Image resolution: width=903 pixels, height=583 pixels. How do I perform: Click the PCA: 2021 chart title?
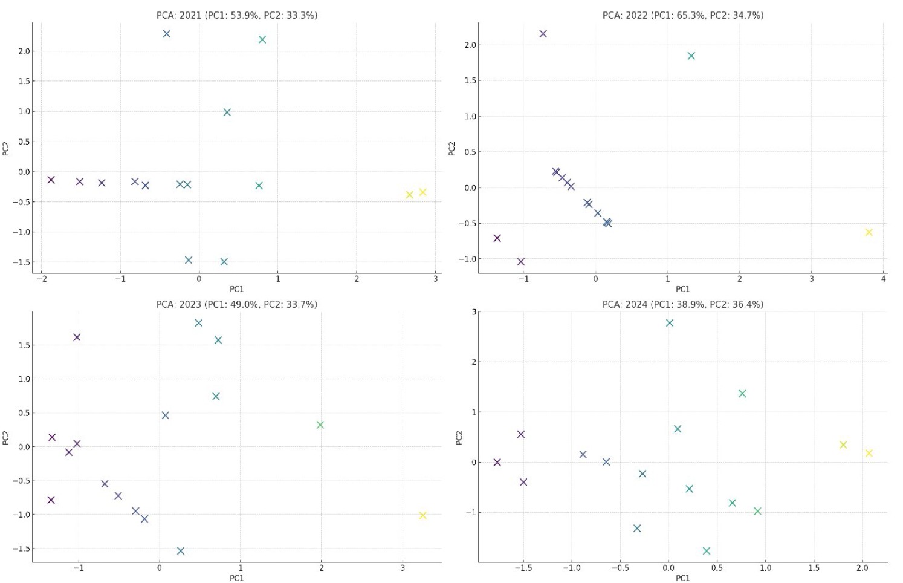[x=236, y=15]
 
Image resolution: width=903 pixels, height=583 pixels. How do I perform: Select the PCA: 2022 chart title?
[x=682, y=15]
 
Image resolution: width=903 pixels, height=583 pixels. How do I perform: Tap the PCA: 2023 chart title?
[x=236, y=304]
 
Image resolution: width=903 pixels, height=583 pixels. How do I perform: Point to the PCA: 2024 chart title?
[x=682, y=304]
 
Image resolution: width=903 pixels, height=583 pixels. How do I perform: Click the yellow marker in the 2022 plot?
[x=869, y=232]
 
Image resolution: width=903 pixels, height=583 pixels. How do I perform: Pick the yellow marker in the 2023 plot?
[x=422, y=515]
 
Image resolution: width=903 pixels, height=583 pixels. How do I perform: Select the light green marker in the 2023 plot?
[x=320, y=425]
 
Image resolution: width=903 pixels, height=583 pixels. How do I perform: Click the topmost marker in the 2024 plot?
[x=669, y=323]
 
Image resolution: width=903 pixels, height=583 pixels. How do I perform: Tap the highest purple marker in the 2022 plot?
[x=543, y=34]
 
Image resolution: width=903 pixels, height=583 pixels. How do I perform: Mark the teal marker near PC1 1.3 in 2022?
[x=691, y=56]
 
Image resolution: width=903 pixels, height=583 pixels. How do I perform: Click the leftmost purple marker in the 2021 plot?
[x=51, y=180]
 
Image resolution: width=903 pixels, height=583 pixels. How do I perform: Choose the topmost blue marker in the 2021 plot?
[x=167, y=34]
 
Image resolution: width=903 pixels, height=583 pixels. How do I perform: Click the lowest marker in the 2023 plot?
[x=180, y=550]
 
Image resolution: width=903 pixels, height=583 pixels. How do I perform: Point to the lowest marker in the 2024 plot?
[x=707, y=550]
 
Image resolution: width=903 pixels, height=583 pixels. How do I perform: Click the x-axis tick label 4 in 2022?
[x=883, y=279]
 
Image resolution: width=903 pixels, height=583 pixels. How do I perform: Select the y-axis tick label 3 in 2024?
[x=474, y=312]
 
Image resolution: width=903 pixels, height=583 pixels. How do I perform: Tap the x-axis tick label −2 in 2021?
[x=41, y=279]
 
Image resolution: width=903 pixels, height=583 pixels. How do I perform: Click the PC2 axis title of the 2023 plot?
[x=6, y=437]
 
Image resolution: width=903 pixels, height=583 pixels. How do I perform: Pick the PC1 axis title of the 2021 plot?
[x=236, y=289]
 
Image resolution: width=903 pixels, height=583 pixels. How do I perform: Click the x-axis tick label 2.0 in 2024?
[x=863, y=568]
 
